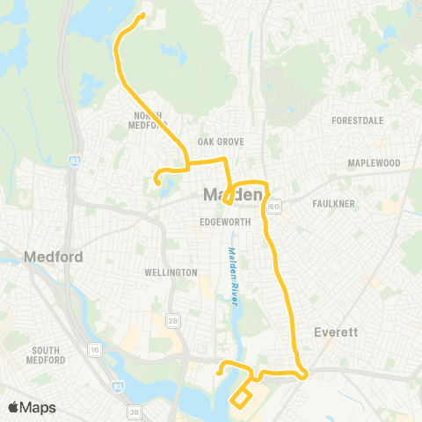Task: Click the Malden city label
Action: pos(233,194)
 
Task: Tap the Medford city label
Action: pos(54,258)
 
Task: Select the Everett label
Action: pos(334,333)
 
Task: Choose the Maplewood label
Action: pos(374,164)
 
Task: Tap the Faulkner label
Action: pos(333,204)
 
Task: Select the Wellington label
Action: pos(171,273)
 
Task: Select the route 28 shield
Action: pos(174,320)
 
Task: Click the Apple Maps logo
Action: pos(32,407)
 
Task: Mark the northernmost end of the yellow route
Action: pos(142,14)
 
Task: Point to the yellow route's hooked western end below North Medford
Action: pos(156,181)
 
